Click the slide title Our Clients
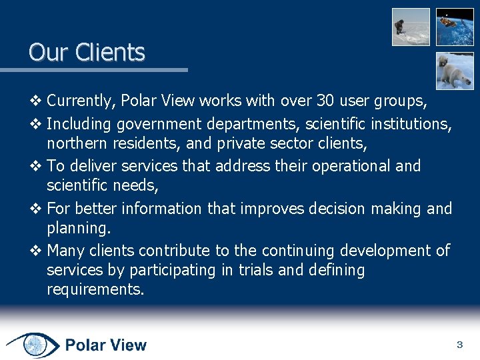click(x=87, y=52)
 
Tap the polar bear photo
click(x=455, y=71)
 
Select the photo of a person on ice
click(x=411, y=27)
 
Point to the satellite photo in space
click(x=455, y=27)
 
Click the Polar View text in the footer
click(x=106, y=345)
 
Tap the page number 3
click(x=459, y=345)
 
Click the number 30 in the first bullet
click(x=325, y=101)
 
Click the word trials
click(x=295, y=270)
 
